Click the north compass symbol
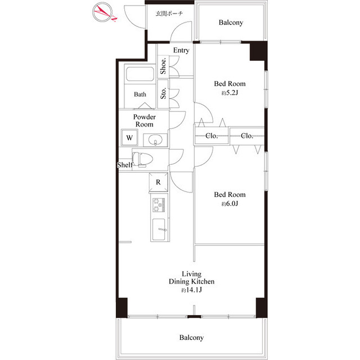point(102,12)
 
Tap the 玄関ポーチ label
point(169,13)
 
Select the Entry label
point(181,50)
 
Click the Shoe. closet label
point(163,66)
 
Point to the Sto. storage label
point(163,93)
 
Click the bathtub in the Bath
point(140,74)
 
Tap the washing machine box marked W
point(129,137)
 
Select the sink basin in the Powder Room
point(155,140)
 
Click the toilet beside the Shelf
point(142,159)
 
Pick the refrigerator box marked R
point(159,182)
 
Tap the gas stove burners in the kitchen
point(159,205)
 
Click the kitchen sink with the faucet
point(159,229)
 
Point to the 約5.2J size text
point(229,93)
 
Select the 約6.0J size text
point(229,204)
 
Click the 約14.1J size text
point(191,290)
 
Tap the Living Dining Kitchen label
point(191,277)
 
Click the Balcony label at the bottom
point(191,337)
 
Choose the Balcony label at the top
point(231,22)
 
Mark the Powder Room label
point(145,120)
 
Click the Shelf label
point(125,165)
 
